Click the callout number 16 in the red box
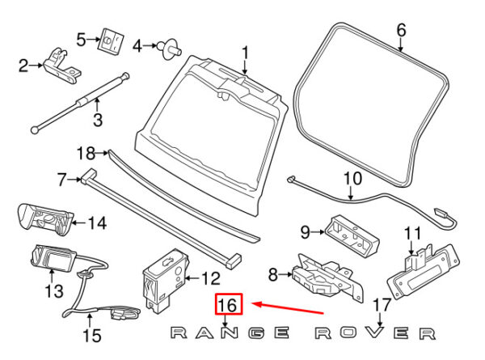pos(228,305)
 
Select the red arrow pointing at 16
pos(288,308)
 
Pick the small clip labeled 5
pos(109,40)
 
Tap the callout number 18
pos(86,152)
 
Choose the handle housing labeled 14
pos(44,219)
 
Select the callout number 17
pos(382,306)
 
